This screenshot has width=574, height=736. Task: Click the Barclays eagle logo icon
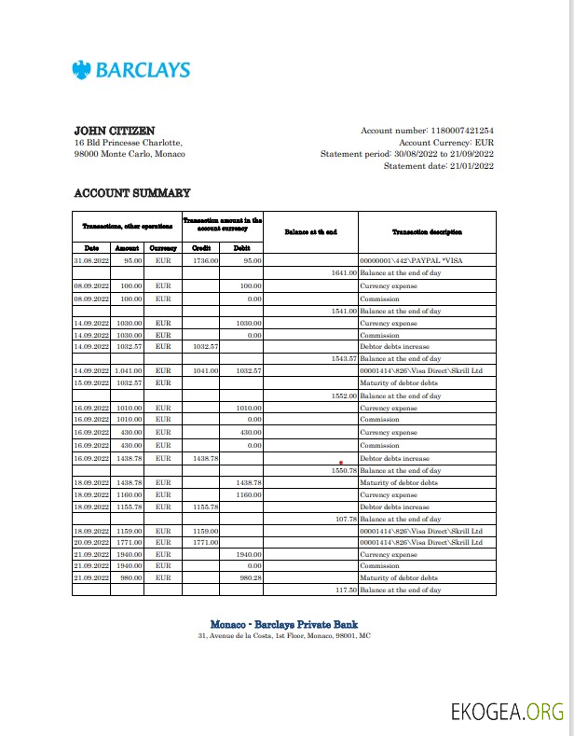click(82, 70)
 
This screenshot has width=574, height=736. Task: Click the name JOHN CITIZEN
click(115, 131)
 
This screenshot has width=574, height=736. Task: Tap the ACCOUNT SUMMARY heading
click(131, 193)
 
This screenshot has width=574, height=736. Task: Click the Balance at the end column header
click(310, 231)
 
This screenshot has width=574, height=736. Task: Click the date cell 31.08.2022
click(92, 261)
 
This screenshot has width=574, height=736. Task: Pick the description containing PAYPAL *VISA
click(410, 261)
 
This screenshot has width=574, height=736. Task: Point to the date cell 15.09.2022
click(92, 382)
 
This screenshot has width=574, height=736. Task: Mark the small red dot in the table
click(342, 462)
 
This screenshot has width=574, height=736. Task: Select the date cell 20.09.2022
click(92, 541)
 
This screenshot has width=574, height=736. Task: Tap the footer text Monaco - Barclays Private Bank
click(284, 624)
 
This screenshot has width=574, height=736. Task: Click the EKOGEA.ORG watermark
click(507, 712)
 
